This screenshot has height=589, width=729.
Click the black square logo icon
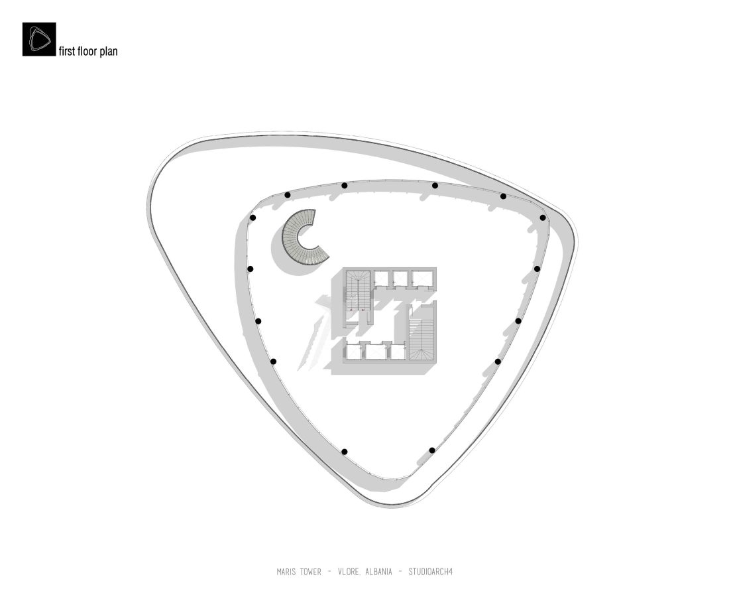[x=39, y=39]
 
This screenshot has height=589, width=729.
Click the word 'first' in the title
[x=67, y=50]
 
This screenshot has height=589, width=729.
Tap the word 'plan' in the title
[x=108, y=52]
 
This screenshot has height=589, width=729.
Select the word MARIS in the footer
[x=286, y=572]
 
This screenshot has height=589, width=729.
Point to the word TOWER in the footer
[x=311, y=572]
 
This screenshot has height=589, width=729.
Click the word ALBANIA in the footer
[x=378, y=572]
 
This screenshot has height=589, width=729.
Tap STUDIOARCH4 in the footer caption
[x=431, y=572]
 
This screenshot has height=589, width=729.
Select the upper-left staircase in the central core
[x=358, y=291]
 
